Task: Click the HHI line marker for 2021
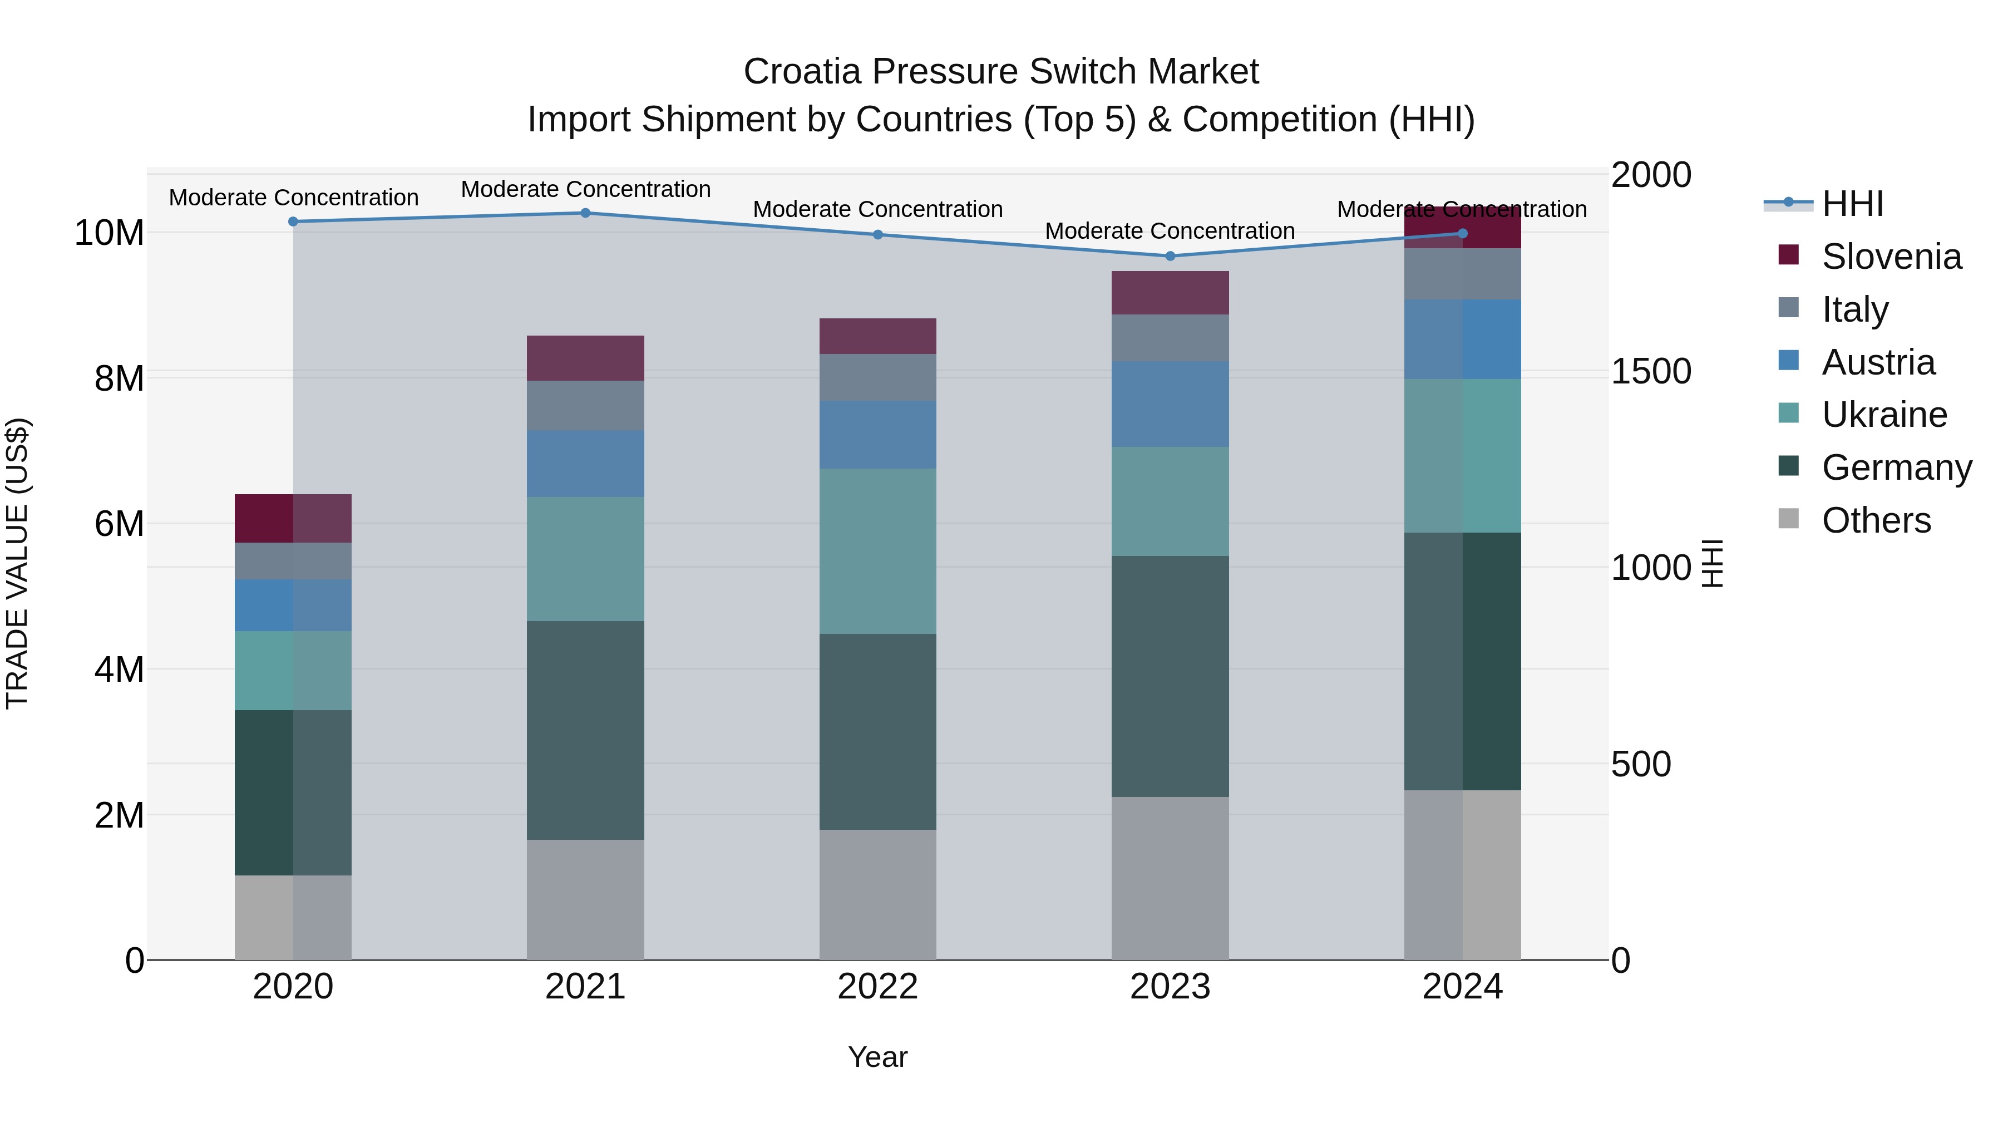pyautogui.click(x=585, y=213)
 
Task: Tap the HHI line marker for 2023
pyautogui.click(x=1170, y=256)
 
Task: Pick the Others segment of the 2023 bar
pyautogui.click(x=1170, y=878)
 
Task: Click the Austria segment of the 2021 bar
pyautogui.click(x=585, y=464)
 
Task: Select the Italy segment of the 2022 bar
pyautogui.click(x=878, y=377)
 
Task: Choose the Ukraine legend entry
pyautogui.click(x=1883, y=415)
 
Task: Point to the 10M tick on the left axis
pyautogui.click(x=109, y=233)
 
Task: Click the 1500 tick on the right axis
pyautogui.click(x=1651, y=371)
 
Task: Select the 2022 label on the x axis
pyautogui.click(x=878, y=987)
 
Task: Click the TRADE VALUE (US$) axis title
pyautogui.click(x=17, y=563)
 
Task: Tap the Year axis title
pyautogui.click(x=878, y=1057)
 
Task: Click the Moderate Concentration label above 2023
pyautogui.click(x=1170, y=231)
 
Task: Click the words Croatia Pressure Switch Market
pyautogui.click(x=1001, y=72)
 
